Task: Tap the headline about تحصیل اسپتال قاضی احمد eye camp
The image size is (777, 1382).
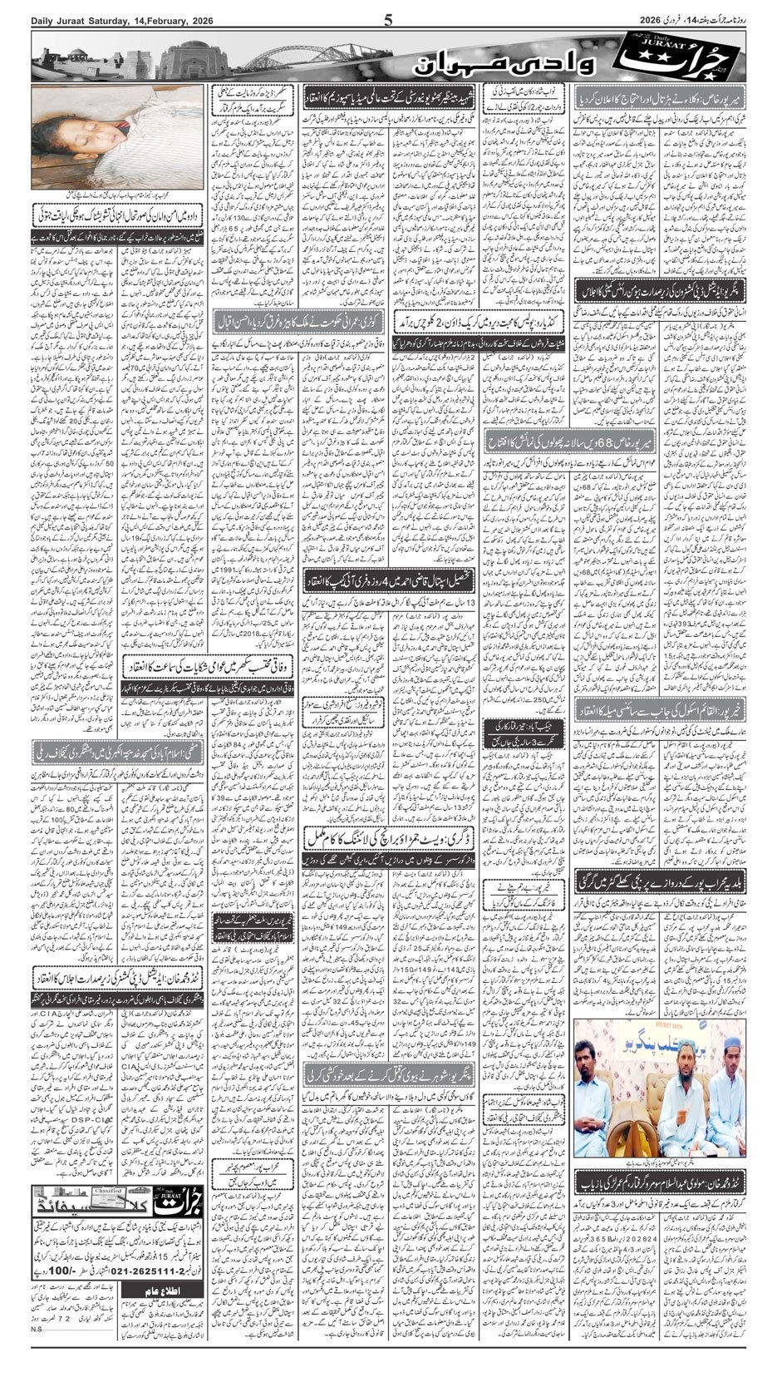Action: click(386, 580)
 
